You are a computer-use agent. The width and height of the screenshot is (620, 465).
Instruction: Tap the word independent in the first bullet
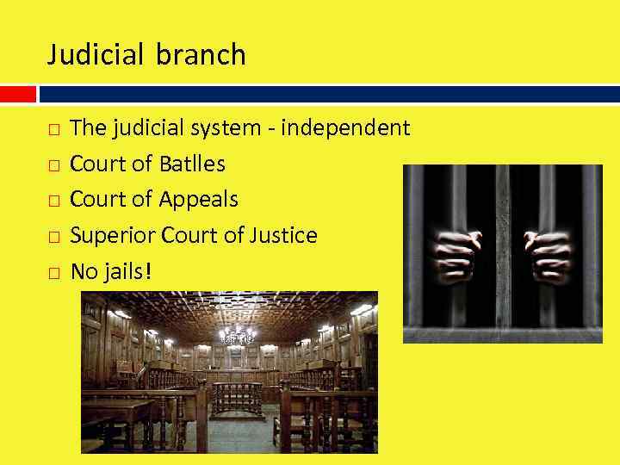(345, 128)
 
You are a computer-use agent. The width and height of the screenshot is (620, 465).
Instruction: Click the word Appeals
(199, 200)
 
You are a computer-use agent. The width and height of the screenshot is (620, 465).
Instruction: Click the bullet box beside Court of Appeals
(53, 201)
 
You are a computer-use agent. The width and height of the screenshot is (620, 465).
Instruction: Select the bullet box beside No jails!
(53, 273)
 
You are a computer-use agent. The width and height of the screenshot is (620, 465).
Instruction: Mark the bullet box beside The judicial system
(53, 130)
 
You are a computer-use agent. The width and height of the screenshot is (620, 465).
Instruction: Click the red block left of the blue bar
(17, 93)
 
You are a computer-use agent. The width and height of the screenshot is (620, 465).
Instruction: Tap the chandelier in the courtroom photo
(236, 332)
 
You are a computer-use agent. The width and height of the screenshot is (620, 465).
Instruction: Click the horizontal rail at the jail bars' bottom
(503, 334)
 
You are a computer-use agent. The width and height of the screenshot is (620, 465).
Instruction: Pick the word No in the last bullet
(84, 272)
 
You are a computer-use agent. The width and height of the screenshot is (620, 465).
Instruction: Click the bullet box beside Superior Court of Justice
(53, 237)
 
